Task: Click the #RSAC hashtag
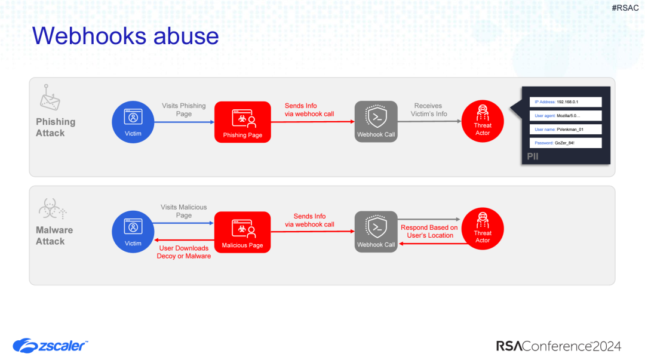(625, 8)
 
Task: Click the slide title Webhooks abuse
(125, 36)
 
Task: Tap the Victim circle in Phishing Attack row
(133, 122)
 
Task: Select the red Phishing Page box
(242, 122)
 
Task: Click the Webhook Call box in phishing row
(376, 122)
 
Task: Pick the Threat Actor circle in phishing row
(483, 122)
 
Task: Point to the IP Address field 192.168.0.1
(565, 102)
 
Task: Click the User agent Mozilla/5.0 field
(565, 116)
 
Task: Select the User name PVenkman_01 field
(565, 129)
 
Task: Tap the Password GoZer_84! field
(565, 143)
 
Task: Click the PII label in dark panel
(533, 156)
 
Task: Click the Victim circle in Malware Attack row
(133, 232)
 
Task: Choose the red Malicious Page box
(242, 232)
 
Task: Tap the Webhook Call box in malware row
(376, 232)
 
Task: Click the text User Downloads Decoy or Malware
(184, 252)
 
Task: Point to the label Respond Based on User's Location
(429, 232)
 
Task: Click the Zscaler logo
(51, 345)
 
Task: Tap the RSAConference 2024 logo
(558, 346)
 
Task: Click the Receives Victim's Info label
(429, 110)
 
